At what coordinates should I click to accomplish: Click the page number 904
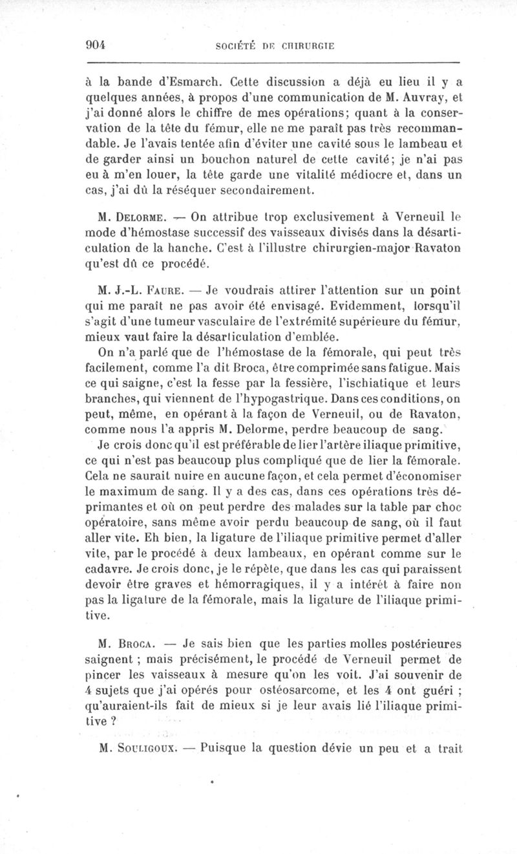(x=96, y=45)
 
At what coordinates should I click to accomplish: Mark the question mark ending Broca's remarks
(x=112, y=724)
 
